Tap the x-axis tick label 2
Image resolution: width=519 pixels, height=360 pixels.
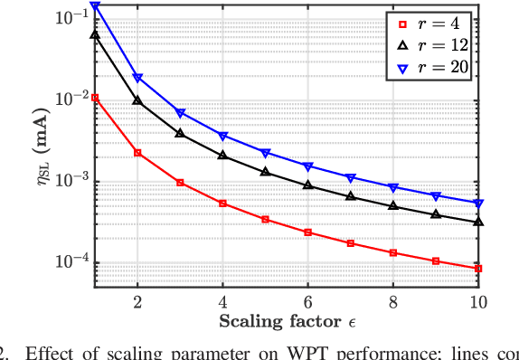coord(137,302)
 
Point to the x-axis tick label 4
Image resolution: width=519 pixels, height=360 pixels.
coord(222,302)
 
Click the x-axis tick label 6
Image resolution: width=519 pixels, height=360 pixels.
coord(308,302)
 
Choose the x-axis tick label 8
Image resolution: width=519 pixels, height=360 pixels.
coord(393,302)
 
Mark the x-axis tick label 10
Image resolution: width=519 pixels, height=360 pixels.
coord(477,302)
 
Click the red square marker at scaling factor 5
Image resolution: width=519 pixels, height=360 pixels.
coord(266,219)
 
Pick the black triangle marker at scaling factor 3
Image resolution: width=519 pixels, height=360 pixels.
coord(180,133)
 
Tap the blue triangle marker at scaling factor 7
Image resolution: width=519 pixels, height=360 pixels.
coord(351,177)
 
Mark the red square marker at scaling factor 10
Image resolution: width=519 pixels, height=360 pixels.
coord(478,269)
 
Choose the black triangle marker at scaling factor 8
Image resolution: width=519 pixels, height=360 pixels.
coord(393,206)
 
